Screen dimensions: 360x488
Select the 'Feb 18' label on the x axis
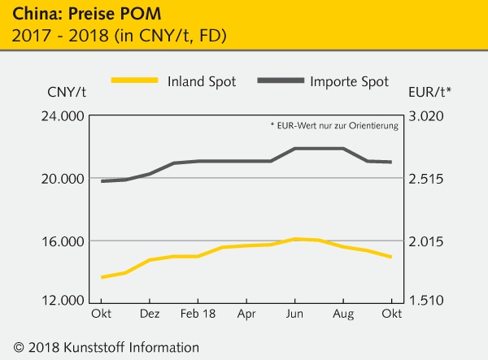[198, 314]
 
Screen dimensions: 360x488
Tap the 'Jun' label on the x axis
[295, 314]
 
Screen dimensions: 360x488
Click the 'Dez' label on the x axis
[150, 314]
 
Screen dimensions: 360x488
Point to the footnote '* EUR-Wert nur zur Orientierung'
[333, 126]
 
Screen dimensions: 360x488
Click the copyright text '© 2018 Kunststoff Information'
[101, 347]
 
